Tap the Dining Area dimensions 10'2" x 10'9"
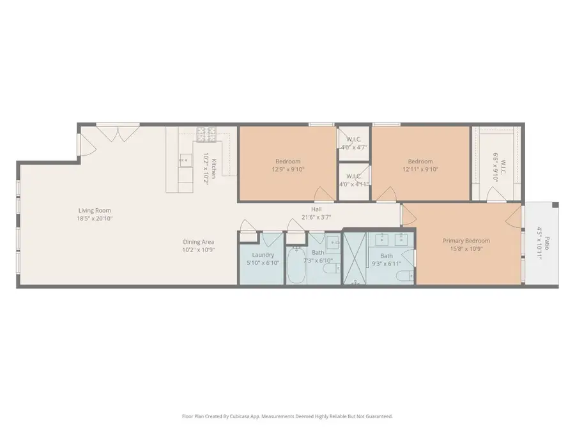199,249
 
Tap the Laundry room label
263,254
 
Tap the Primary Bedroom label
466,241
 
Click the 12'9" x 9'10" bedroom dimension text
287,170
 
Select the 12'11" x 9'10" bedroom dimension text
420,170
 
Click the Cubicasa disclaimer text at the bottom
287,416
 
